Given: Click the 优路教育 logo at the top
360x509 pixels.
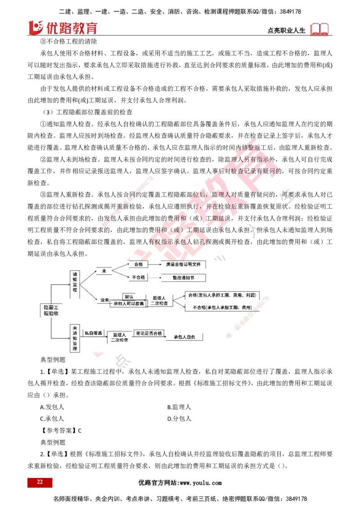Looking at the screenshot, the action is coord(63,27).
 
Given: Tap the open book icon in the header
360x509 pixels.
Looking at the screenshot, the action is coord(319,29).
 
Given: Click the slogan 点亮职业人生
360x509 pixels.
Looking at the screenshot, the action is coord(286,31).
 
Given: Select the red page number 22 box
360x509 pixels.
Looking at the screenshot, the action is coord(40,482).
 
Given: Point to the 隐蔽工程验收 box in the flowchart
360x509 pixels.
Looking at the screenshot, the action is coord(51,310).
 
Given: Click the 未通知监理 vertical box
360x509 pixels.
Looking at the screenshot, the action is coord(75,338).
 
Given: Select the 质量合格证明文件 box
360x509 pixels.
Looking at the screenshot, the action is coord(184,264).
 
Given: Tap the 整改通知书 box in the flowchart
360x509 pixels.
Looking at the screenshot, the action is coord(184,277).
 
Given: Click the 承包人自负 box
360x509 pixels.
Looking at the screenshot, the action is coord(184,337).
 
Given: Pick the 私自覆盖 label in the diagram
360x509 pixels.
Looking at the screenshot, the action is coord(93,333).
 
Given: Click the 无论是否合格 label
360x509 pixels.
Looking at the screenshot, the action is coord(149,333).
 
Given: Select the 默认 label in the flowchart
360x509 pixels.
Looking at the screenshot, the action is coord(129,297).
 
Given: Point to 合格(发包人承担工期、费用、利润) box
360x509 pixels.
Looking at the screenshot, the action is coord(222,295).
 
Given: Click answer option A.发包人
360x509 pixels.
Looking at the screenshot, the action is coord(52,407).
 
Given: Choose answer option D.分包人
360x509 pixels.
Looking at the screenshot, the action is coord(179,419).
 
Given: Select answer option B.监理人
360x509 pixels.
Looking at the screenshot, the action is coord(179,407).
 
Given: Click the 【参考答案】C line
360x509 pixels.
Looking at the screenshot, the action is coord(61,431).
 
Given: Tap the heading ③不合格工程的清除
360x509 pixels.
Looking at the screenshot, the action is coord(68,41).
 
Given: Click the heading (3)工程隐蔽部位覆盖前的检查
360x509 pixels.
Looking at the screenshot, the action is coord(88,112).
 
